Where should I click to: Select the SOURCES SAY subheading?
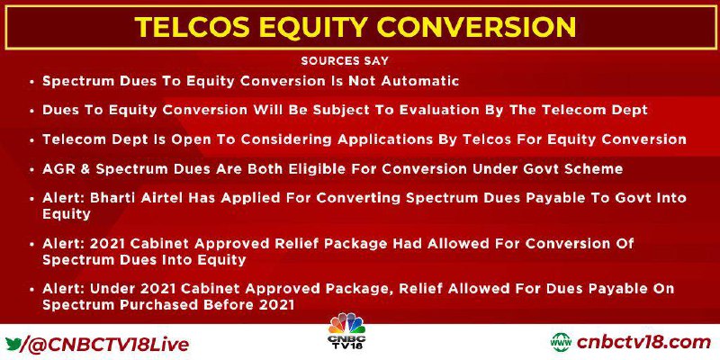(x=345, y=60)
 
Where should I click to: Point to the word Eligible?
(x=318, y=168)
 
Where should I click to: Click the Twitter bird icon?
(x=14, y=344)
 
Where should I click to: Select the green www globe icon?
(x=562, y=343)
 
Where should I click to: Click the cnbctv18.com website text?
(x=643, y=343)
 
